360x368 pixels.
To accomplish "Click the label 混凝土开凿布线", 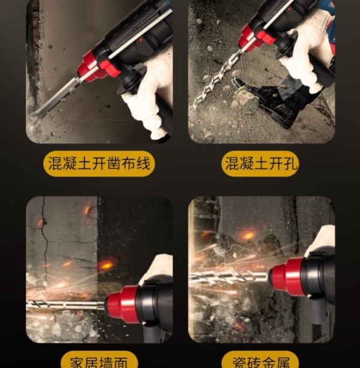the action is [99, 164].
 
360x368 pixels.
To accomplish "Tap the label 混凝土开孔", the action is [262, 164].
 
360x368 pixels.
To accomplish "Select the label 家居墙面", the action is [99, 363].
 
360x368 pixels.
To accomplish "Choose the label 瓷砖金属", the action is [261, 363].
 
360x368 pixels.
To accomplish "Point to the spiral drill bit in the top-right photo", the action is [215, 79].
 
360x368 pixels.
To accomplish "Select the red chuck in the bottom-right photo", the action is [286, 276].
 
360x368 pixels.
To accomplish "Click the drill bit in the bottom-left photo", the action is [65, 304].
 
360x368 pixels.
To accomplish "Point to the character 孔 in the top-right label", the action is [290, 164].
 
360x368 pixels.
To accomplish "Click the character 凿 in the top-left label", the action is [114, 164].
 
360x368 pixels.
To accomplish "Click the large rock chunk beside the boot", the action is [244, 98].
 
